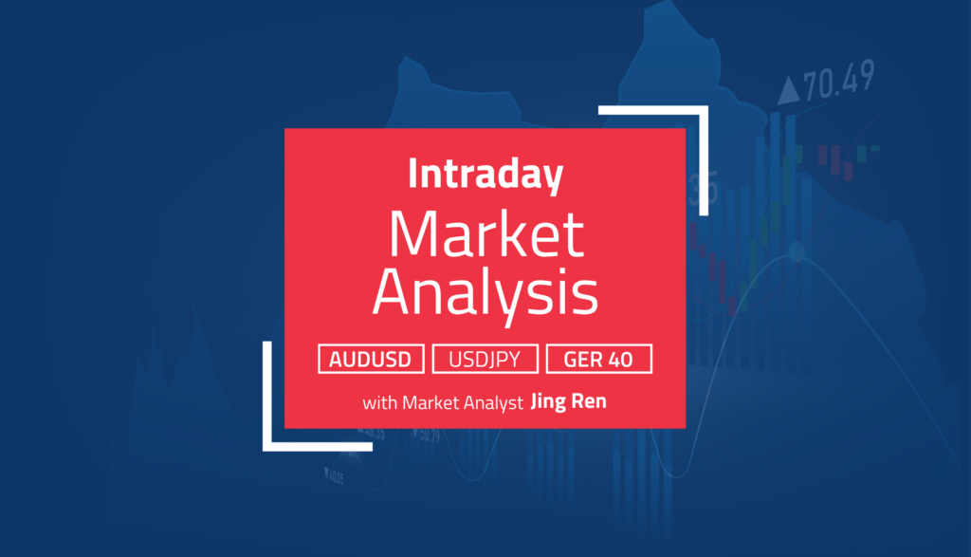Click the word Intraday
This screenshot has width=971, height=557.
[485, 176]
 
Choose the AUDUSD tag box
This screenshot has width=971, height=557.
[371, 360]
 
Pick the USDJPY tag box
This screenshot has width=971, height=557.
[485, 360]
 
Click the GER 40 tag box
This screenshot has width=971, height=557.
[599, 360]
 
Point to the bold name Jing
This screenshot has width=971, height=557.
[551, 402]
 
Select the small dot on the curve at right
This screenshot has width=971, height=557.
[797, 251]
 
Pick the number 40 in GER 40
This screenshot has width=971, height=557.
[631, 360]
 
